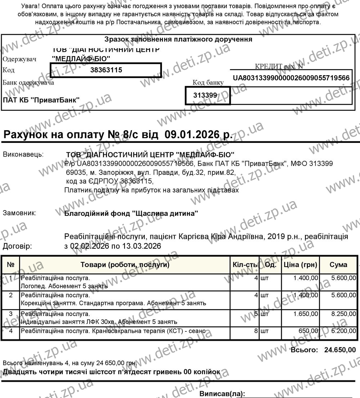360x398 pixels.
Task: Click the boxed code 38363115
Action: (x=106, y=70)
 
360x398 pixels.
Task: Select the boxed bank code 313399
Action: (x=205, y=95)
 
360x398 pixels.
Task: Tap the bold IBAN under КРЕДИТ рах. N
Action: (x=291, y=78)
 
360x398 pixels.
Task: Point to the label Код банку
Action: (x=208, y=83)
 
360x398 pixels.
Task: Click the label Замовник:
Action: (x=19, y=213)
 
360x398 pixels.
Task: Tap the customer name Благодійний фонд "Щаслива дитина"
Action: (x=131, y=213)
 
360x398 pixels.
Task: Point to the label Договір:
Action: (x=17, y=247)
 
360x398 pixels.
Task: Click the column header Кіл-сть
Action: (x=245, y=265)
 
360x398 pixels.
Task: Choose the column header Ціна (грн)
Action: (x=300, y=265)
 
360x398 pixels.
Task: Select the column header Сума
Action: (x=338, y=265)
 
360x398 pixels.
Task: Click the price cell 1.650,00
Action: (x=306, y=314)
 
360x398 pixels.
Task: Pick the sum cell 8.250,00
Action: (x=343, y=314)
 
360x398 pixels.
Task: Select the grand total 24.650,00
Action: (x=340, y=350)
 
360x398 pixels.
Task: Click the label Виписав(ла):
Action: (x=222, y=394)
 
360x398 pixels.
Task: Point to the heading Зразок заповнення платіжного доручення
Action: (x=178, y=39)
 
